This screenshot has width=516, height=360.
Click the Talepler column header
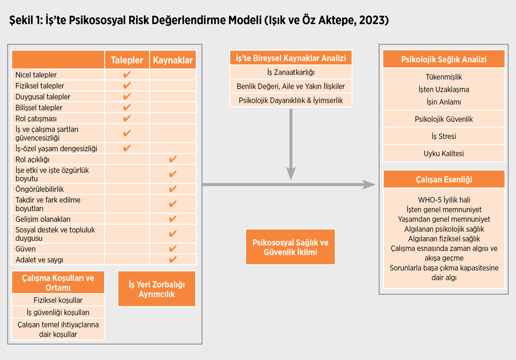[127, 60]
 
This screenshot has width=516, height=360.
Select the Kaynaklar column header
[173, 60]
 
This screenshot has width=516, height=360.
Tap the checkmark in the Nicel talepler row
[127, 75]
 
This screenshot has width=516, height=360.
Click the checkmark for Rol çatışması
[127, 118]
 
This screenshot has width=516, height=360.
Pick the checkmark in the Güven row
[173, 248]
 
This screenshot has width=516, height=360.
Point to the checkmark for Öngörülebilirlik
[173, 189]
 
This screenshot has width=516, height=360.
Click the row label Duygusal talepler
[43, 97]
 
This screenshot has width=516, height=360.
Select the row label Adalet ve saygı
[40, 260]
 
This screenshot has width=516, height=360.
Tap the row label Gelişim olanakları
[43, 219]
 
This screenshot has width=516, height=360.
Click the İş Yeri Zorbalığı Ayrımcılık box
[157, 289]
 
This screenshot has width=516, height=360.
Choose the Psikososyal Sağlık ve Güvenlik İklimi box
[290, 247]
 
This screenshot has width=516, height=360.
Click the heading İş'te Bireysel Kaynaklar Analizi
[291, 58]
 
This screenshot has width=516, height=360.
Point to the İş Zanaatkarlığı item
[291, 72]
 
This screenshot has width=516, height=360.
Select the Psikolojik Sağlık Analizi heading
[444, 59]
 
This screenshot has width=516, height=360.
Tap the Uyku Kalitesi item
[444, 153]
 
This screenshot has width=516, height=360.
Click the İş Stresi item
[444, 136]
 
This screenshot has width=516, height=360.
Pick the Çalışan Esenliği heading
[444, 180]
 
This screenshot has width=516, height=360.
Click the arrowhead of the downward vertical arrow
[291, 173]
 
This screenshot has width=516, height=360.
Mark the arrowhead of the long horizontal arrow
[369, 184]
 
